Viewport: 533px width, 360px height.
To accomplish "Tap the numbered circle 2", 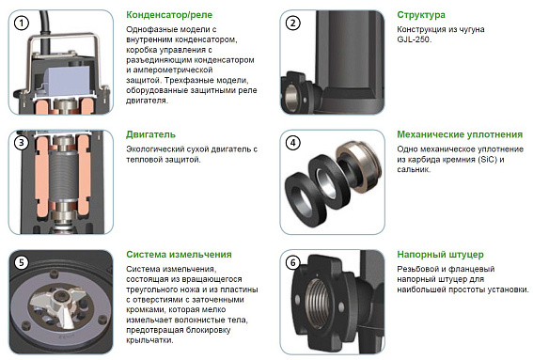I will click(292, 23).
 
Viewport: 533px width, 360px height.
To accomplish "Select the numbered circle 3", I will click(20, 143).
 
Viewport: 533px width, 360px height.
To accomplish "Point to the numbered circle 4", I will click(292, 143).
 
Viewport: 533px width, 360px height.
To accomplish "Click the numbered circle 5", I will click(20, 263).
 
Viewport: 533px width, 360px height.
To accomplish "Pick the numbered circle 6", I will click(292, 263).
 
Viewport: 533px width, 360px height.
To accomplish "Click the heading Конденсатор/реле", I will click(175, 15).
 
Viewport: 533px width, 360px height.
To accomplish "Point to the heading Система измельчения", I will click(179, 254).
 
